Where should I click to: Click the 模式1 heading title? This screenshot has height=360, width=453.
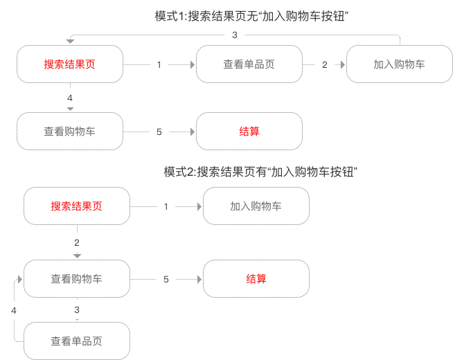[251, 16]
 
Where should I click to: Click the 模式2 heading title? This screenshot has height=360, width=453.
[260, 172]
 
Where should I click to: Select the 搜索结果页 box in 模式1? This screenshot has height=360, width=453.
[70, 64]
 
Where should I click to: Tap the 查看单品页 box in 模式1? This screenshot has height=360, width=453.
[249, 64]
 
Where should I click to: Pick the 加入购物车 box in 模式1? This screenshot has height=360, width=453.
[399, 64]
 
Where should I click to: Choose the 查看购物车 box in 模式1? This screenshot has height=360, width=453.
[70, 132]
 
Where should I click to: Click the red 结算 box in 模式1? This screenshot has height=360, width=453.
[249, 132]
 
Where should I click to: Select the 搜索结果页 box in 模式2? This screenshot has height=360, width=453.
[77, 206]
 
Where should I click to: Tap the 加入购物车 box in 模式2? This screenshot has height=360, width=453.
[256, 206]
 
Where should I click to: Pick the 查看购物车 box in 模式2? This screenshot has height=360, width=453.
[77, 279]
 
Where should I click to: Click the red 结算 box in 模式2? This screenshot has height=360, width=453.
[256, 279]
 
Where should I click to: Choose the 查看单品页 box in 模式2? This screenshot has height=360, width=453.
[77, 341]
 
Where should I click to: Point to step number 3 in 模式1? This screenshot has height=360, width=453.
[235, 35]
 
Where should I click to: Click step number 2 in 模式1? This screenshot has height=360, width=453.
[324, 64]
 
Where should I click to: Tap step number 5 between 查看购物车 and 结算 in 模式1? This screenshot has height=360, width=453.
[159, 132]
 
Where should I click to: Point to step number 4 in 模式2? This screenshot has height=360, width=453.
[13, 311]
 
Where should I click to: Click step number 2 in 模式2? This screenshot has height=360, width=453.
[77, 242]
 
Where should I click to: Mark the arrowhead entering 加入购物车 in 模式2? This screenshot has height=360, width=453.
[198, 206]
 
